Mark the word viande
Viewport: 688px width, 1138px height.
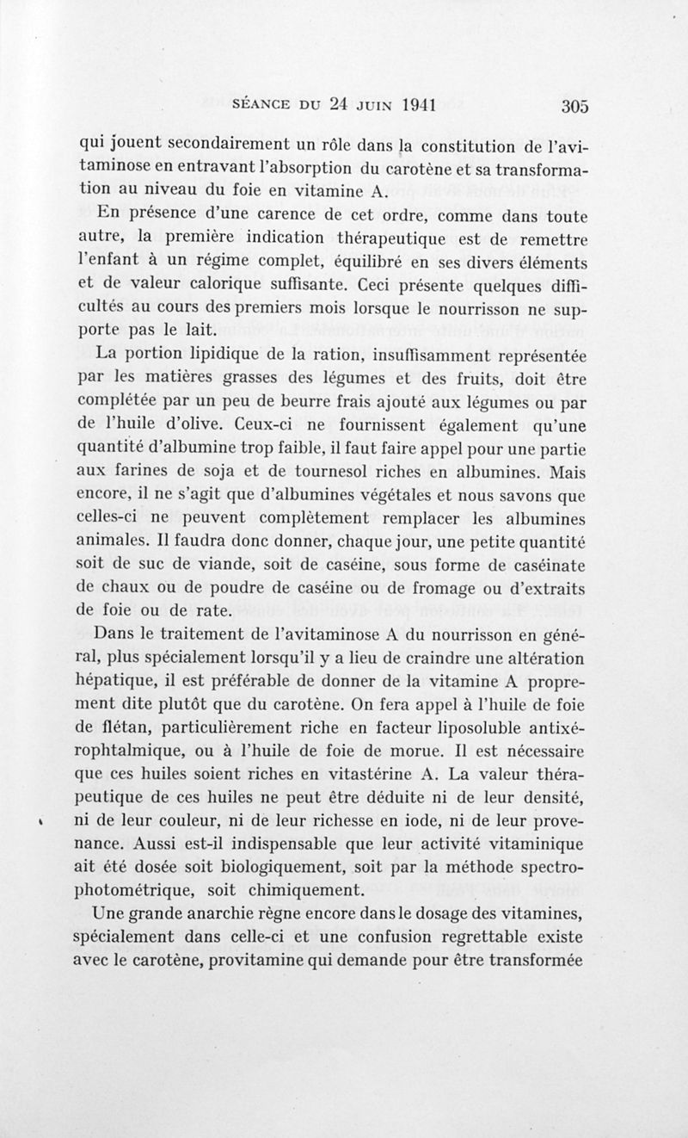[x=228, y=565]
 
